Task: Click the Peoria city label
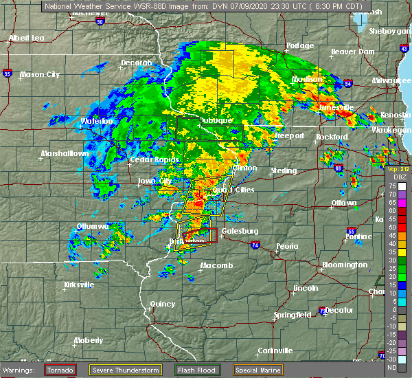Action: tap(288, 246)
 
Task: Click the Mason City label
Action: tap(41, 74)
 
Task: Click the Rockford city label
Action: tap(331, 137)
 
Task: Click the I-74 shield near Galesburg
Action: tap(255, 245)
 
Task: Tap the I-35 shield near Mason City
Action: tap(7, 71)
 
